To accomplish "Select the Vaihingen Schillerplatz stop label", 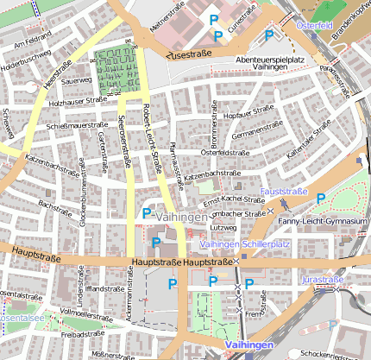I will (243, 244).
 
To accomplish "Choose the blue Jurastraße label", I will (324, 280).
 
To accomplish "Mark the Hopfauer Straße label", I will (248, 113).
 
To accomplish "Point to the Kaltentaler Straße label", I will (308, 140).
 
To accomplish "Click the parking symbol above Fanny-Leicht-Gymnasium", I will (321, 198).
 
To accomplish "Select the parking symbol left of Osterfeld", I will (269, 35).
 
